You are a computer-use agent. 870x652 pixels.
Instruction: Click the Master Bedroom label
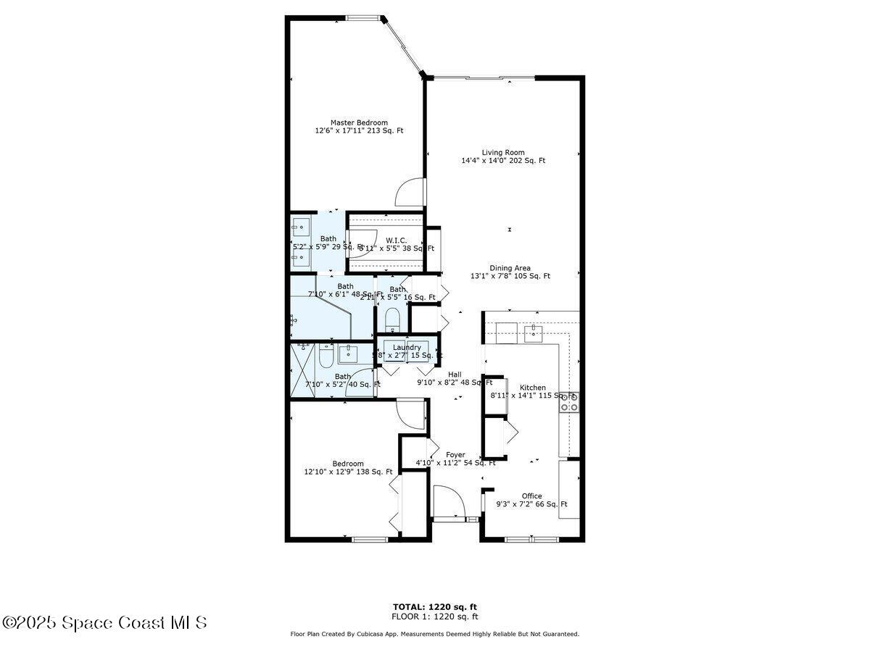tap(359, 122)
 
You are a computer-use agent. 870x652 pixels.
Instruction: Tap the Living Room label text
tap(503, 152)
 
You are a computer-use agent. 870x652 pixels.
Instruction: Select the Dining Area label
tap(510, 268)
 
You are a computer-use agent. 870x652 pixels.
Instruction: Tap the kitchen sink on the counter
tap(533, 333)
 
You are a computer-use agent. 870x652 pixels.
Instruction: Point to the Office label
tap(531, 496)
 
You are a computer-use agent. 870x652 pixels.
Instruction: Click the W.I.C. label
tap(395, 240)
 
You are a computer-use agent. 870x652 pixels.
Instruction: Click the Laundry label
tap(407, 347)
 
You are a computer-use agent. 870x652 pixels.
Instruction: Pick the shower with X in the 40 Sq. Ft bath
tap(304, 356)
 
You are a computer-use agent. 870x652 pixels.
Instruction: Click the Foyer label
tap(455, 455)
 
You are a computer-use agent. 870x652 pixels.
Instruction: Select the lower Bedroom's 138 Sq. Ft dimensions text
tap(348, 472)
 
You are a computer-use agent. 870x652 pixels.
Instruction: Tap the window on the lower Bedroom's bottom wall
tap(370, 539)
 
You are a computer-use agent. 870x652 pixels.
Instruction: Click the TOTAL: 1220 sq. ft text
tap(435, 607)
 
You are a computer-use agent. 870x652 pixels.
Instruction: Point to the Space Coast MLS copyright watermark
tap(104, 622)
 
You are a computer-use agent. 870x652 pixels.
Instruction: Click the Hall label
tap(455, 375)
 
